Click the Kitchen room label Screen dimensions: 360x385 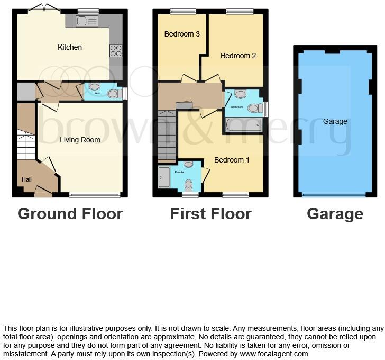[70, 47]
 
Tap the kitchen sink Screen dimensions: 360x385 [87, 21]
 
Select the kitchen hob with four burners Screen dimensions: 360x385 [115, 50]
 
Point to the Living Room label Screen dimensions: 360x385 [80, 140]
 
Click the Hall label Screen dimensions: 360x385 [26, 179]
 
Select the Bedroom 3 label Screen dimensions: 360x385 [182, 34]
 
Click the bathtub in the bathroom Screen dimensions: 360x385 [244, 125]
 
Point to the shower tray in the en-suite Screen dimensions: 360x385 [163, 177]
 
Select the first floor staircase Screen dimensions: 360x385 [167, 135]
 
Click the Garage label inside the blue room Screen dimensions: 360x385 [335, 121]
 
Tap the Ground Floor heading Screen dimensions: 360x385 [70, 214]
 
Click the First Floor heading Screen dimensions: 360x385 [210, 214]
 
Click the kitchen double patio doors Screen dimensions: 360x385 [44, 7]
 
